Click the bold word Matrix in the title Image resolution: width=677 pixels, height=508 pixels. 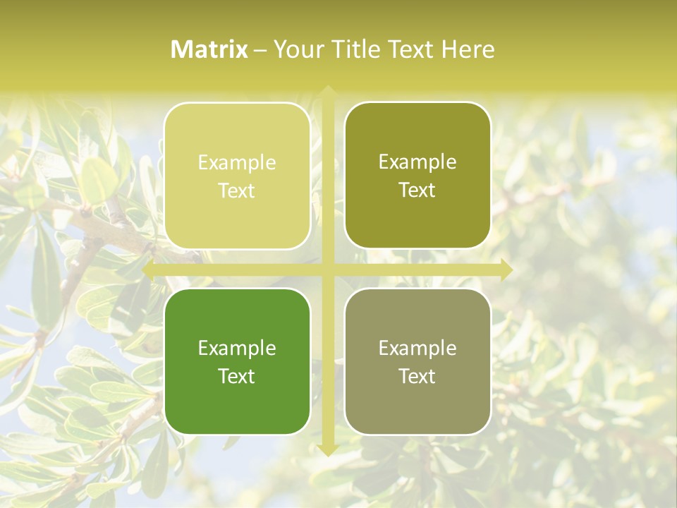(209, 49)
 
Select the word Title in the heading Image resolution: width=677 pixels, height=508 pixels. (356, 49)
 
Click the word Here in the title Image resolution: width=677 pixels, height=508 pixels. (468, 49)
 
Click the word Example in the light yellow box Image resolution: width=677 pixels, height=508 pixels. (237, 163)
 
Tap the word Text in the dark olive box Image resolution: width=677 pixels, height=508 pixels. (417, 190)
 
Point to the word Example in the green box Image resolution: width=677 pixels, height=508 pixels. (237, 349)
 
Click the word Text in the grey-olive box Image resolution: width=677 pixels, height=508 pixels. (417, 376)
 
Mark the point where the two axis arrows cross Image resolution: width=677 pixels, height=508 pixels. (327, 270)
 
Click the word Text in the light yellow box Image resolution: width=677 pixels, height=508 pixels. (237, 190)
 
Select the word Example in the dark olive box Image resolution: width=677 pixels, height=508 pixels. (417, 162)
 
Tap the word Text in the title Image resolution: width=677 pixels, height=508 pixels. (411, 49)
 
